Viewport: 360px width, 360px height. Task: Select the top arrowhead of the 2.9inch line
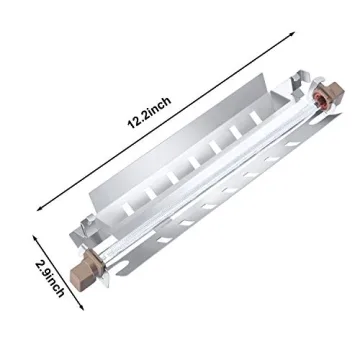tap(36, 236)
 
